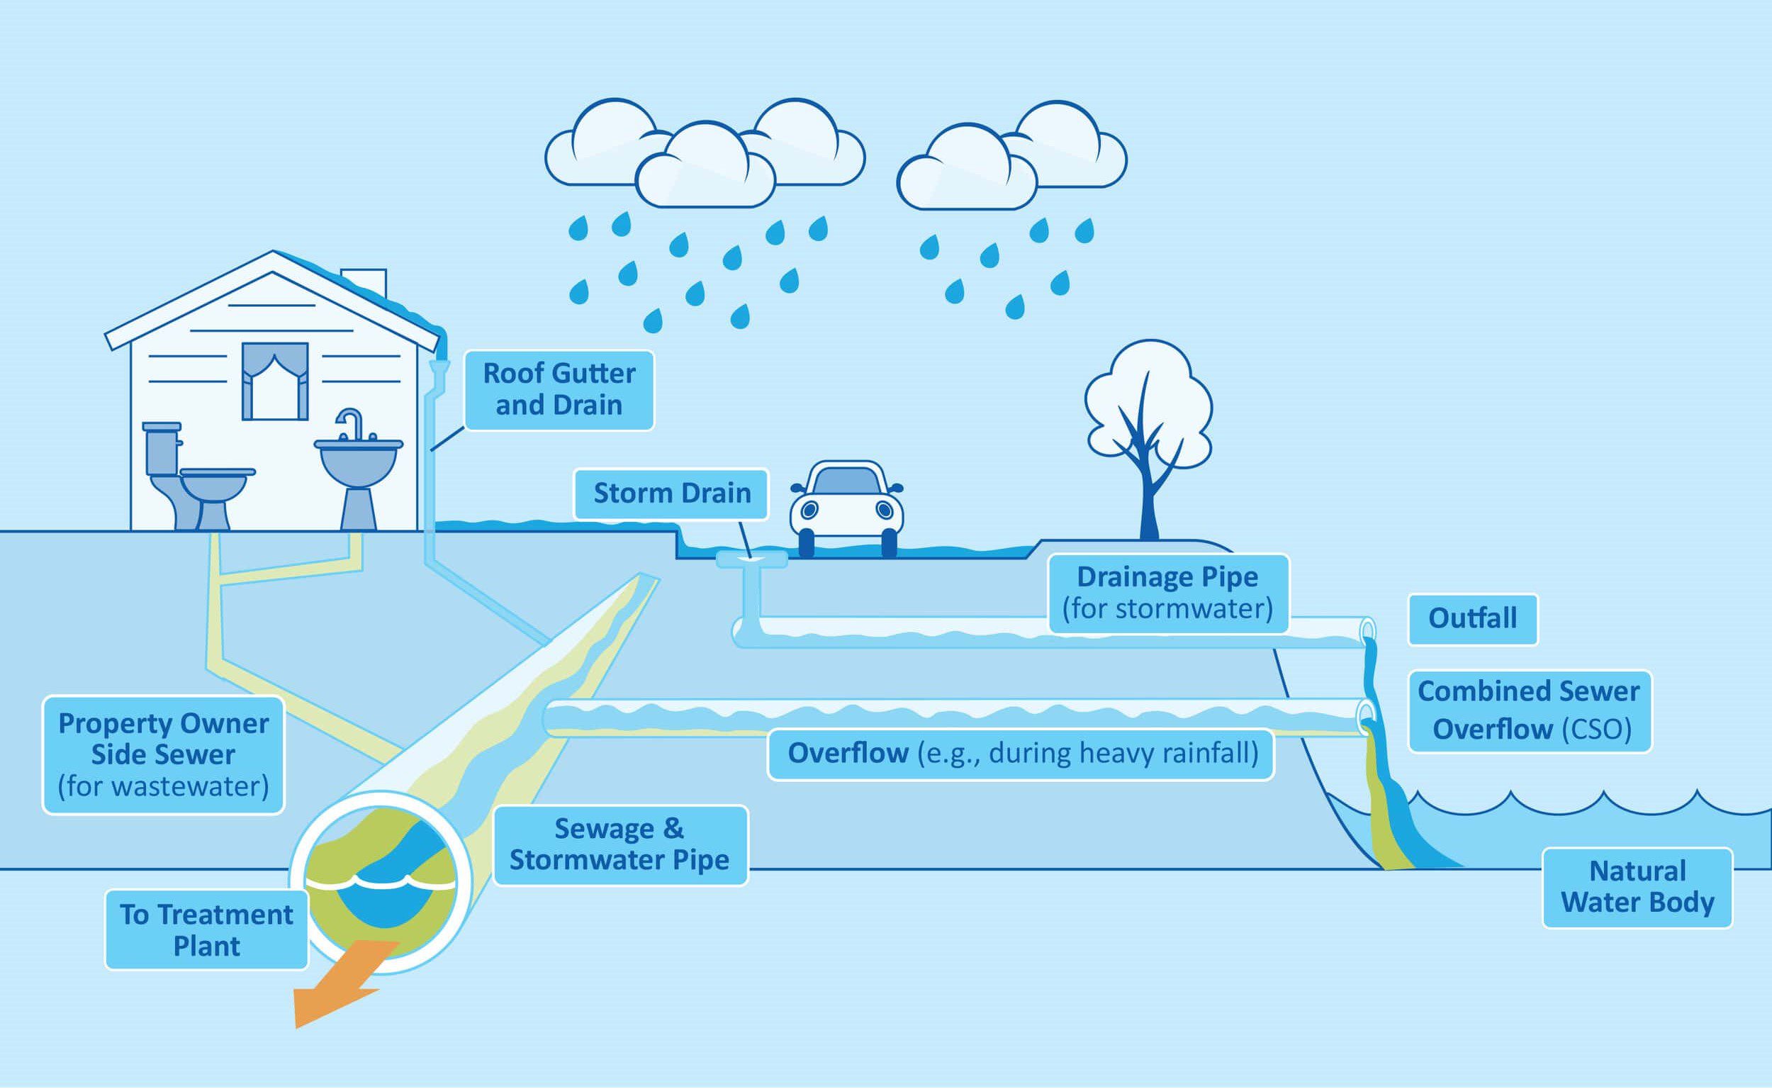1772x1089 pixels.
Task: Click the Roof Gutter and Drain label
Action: coord(559,390)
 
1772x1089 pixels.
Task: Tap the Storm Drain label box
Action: coord(671,493)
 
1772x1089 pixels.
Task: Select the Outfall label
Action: coord(1472,619)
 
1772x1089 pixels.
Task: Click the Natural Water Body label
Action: coord(1637,888)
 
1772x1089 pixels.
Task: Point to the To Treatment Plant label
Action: coord(207,929)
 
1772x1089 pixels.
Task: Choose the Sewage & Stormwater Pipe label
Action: coord(620,845)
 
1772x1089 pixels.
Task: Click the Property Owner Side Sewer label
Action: coord(164,755)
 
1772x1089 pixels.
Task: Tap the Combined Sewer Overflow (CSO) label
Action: coord(1529,711)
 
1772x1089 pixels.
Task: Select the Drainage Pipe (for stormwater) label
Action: coord(1167,593)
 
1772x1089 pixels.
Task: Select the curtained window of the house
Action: coord(275,381)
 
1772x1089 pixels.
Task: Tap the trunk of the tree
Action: coord(1148,504)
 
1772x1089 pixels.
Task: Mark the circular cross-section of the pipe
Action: coord(380,882)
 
